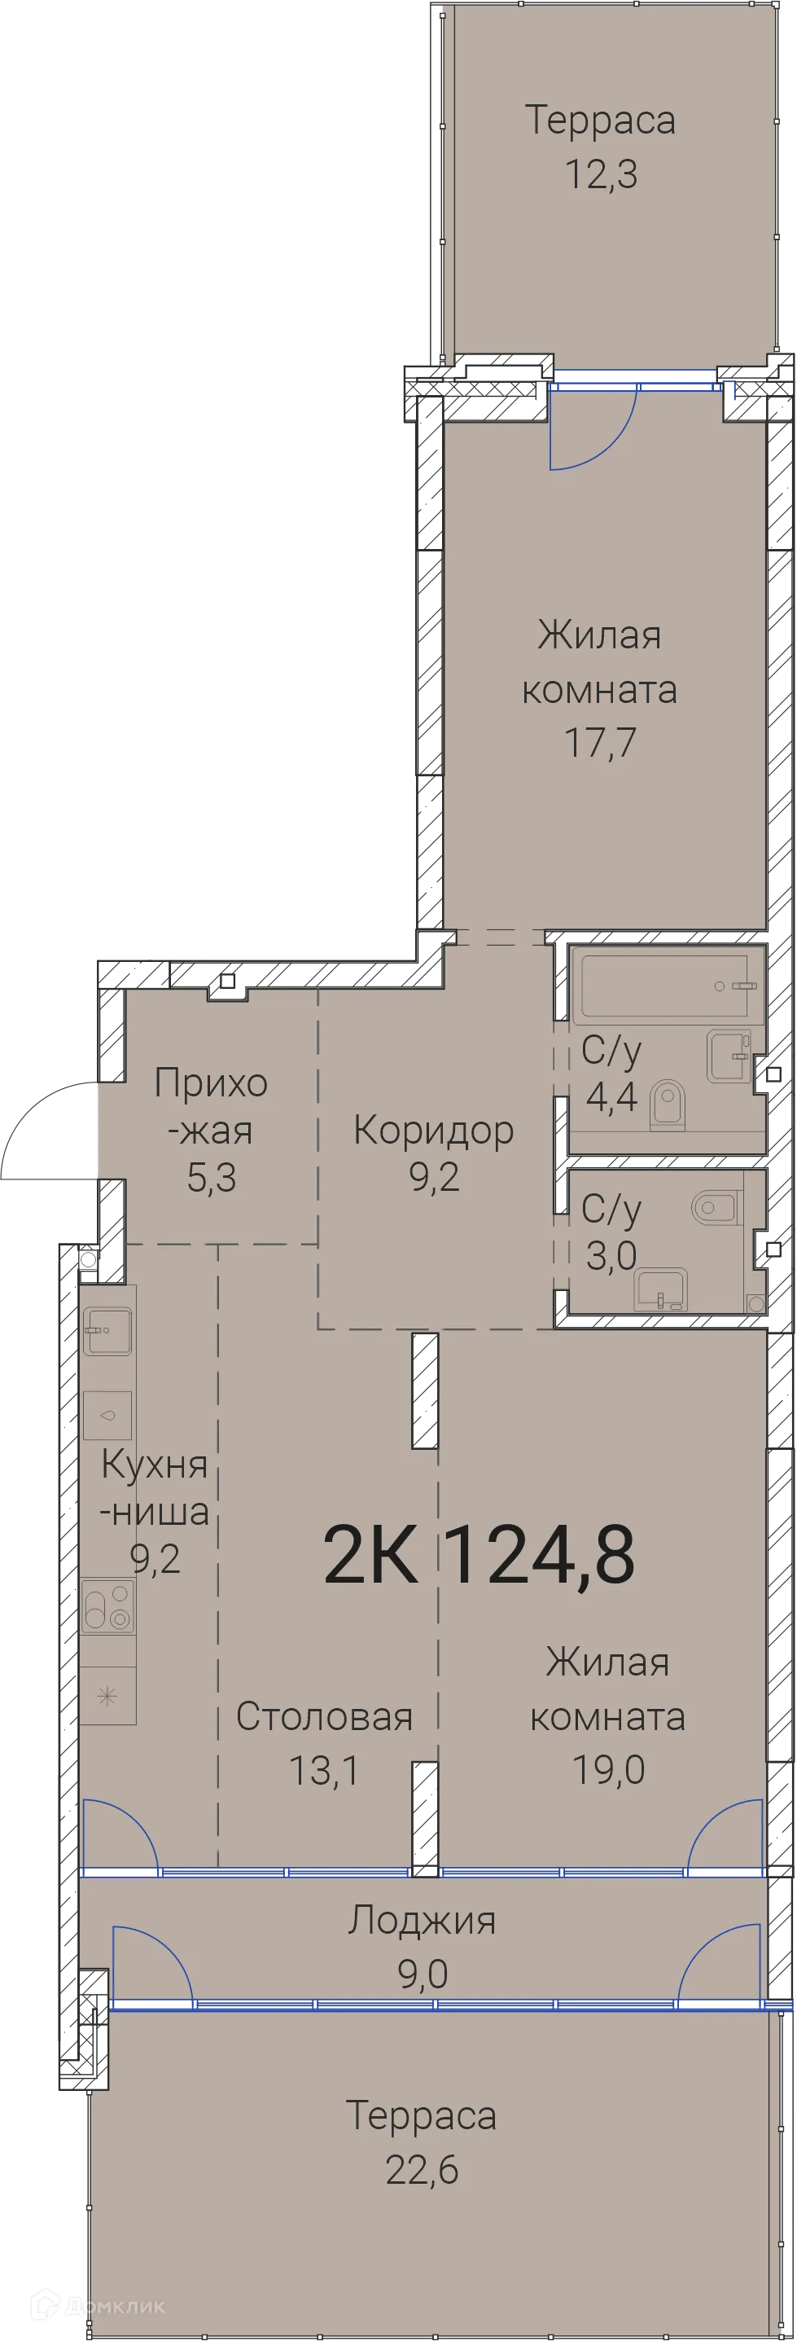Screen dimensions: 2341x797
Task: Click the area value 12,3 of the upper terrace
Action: (x=601, y=173)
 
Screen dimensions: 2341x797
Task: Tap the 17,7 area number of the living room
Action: (x=600, y=743)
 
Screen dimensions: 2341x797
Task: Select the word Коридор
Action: (x=433, y=1130)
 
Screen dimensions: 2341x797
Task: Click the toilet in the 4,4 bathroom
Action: (x=668, y=1105)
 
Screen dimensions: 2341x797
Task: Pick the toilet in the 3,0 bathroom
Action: (x=716, y=1208)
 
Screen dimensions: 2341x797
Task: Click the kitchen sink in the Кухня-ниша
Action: (x=107, y=1331)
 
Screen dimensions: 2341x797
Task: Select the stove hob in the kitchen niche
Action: (x=108, y=1605)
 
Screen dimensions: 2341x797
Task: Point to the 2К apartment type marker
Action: (x=370, y=1555)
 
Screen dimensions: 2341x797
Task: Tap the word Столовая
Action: (x=325, y=1717)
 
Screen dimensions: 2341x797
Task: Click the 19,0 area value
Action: (x=608, y=1769)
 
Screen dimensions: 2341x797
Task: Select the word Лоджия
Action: (x=422, y=1920)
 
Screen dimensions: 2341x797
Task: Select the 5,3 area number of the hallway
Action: (x=211, y=1178)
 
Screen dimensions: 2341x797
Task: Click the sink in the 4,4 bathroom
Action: (x=729, y=1056)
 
